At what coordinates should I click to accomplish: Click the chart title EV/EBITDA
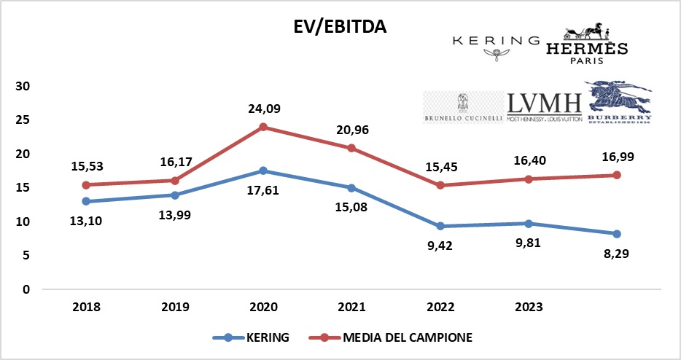tap(336, 28)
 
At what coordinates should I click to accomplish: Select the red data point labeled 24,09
tap(263, 127)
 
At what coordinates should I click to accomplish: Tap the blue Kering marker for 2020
tap(263, 171)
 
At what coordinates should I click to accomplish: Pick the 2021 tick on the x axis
tap(351, 307)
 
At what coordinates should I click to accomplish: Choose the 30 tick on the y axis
tap(22, 86)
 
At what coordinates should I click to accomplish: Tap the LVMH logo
tap(544, 107)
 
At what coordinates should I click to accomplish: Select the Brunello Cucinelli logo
tap(462, 108)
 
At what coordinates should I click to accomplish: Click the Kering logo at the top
tap(496, 45)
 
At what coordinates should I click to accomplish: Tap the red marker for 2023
tap(529, 179)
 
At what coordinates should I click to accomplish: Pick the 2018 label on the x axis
tap(86, 307)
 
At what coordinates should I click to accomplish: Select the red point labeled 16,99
tap(617, 175)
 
